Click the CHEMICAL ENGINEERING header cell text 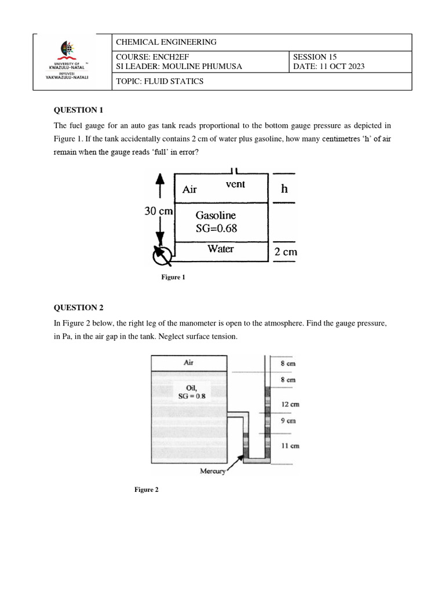tap(166, 42)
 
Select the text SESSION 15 tap(315, 57)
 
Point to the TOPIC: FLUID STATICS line tap(160, 81)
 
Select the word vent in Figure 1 tap(235, 184)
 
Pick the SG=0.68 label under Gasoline tap(216, 229)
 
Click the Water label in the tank tap(220, 249)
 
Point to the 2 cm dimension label tap(285, 252)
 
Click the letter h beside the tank tap(284, 189)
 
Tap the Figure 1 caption tap(173, 277)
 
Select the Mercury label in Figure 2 tap(211, 471)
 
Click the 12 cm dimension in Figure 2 tap(290, 404)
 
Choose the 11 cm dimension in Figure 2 tap(290, 446)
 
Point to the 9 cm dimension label tap(289, 421)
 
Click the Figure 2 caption tap(146, 490)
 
